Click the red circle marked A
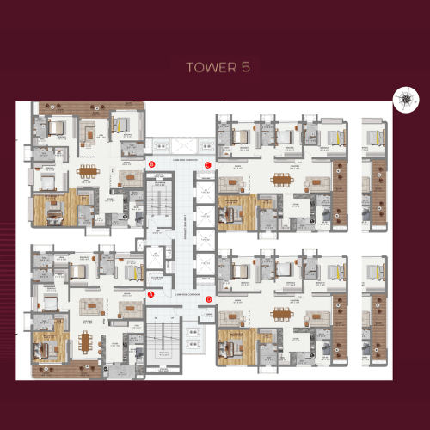pyautogui.click(x=150, y=293)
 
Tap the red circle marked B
pyautogui.click(x=151, y=163)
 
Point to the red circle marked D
pyautogui.click(x=209, y=299)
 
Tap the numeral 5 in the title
pyautogui.click(x=246, y=67)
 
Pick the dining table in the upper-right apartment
pyautogui.click(x=281, y=180)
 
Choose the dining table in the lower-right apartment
pyautogui.click(x=281, y=313)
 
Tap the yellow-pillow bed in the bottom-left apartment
pyautogui.click(x=132, y=272)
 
